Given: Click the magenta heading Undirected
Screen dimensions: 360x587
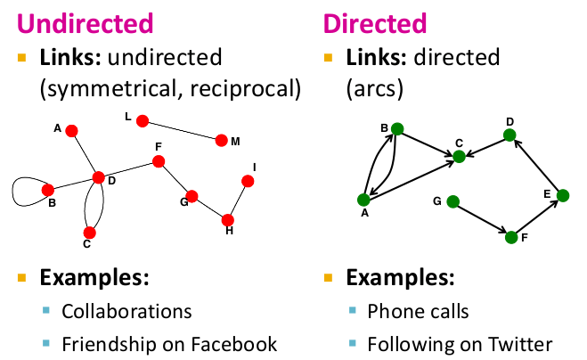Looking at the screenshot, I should coord(83,20).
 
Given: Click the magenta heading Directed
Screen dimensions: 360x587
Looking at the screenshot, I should coord(375,20).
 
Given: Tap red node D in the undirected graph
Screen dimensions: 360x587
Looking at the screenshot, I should coord(99,177).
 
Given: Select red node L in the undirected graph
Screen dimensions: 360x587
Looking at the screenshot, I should coord(143,119).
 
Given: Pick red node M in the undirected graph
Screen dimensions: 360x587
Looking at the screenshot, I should coord(221,140).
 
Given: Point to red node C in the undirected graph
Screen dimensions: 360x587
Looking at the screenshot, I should coord(89,233).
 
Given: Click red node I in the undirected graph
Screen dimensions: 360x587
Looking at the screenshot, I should coord(249,181).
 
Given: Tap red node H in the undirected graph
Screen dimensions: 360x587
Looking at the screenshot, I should coord(228,219).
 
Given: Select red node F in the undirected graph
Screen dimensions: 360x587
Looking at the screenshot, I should coord(159,161).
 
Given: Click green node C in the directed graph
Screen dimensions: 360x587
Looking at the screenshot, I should coord(460,157).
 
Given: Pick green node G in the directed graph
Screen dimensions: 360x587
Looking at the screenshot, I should coord(452,201).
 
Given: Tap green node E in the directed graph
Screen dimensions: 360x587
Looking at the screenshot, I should coord(562,195).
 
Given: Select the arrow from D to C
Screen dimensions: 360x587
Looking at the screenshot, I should coord(485,146).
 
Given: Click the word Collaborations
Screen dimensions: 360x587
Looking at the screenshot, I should coord(126,311).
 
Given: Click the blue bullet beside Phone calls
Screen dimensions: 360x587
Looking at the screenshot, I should coord(354,311).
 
